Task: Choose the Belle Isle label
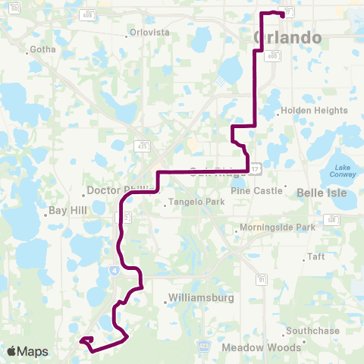(322, 193)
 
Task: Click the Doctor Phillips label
(114, 191)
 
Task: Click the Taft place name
(316, 257)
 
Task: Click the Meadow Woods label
(262, 348)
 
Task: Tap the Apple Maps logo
(27, 351)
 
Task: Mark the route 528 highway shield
(331, 220)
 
